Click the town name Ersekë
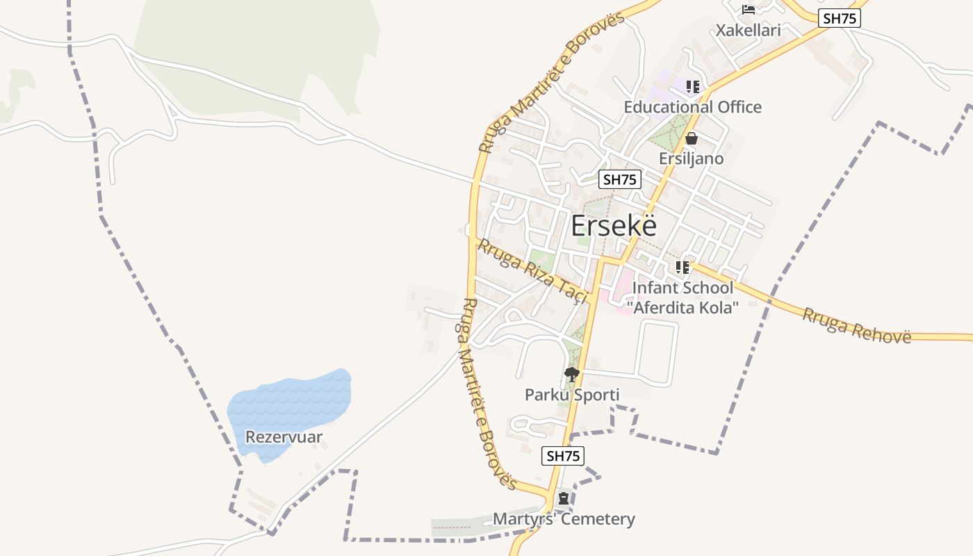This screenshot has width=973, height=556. [x=614, y=227]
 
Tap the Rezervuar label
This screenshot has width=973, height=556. [x=284, y=437]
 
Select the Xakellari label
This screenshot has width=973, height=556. [x=749, y=30]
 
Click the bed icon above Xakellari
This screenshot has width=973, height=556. [x=749, y=10]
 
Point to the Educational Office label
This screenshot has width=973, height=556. [x=692, y=107]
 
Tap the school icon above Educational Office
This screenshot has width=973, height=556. [x=692, y=87]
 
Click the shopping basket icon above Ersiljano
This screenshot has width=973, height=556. [x=691, y=139]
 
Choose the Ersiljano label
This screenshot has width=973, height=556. [x=691, y=158]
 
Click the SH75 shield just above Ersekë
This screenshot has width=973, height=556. [x=619, y=179]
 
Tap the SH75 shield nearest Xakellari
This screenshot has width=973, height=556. [x=839, y=19]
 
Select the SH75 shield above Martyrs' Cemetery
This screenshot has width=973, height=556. [x=563, y=456]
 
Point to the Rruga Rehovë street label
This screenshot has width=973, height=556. [x=856, y=325]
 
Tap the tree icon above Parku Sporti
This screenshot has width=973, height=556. [x=572, y=375]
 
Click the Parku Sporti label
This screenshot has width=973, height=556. [x=572, y=395]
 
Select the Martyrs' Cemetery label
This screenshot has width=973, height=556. [x=564, y=519]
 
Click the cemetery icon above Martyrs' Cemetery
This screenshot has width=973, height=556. [x=564, y=498]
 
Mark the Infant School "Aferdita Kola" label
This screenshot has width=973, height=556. [x=682, y=297]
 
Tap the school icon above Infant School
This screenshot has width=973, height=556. [x=682, y=267]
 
